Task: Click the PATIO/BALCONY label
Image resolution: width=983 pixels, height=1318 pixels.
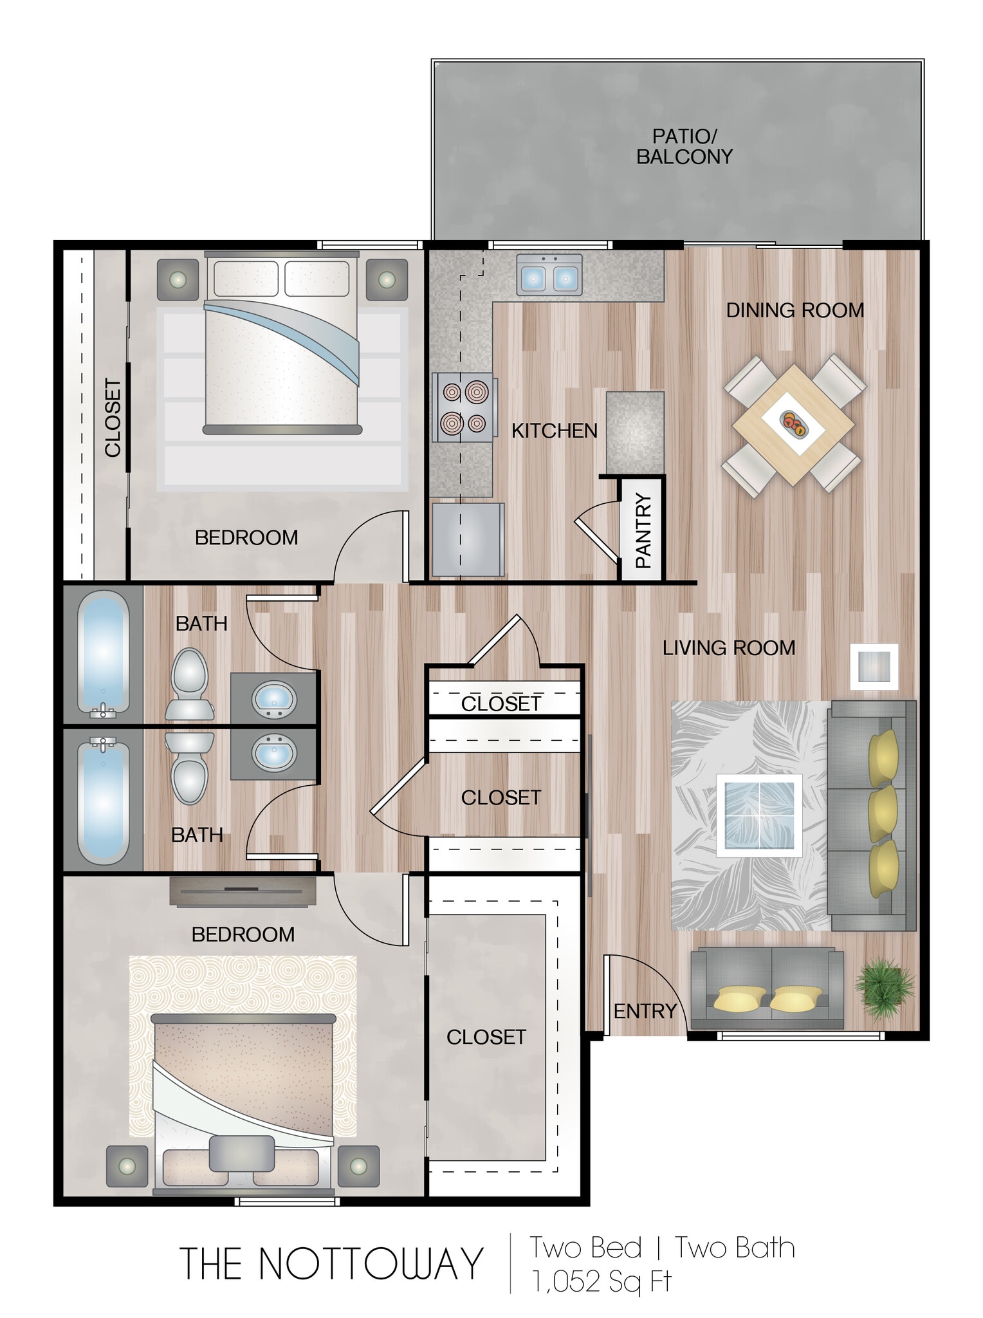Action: pos(684,147)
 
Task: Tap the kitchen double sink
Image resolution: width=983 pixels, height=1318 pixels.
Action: pos(549,275)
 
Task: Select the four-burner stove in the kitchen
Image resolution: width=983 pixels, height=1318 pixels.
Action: pos(464,407)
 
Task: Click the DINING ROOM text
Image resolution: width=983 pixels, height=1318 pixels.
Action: pos(795,310)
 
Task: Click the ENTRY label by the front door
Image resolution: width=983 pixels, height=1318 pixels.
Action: pos(645,1011)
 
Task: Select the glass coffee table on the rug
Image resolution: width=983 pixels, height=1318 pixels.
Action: pos(759,815)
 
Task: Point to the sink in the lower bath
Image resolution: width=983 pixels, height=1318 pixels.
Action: pos(274,754)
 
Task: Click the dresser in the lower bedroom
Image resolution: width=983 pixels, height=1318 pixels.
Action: pos(243,891)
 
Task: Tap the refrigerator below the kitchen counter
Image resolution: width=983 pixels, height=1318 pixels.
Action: pos(468,539)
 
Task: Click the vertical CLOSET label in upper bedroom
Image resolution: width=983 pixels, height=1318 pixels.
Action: pos(113,418)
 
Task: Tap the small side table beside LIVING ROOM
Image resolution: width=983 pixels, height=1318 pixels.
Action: pos(874,666)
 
